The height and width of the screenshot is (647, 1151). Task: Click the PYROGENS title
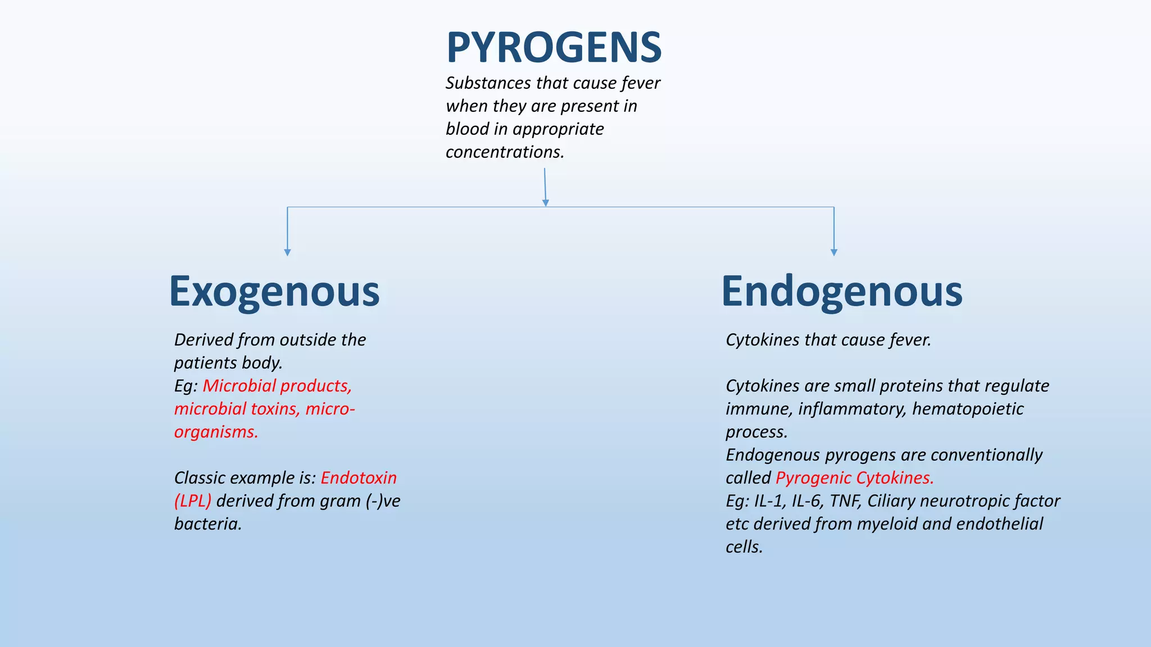click(554, 47)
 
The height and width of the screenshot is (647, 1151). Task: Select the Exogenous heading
click(274, 291)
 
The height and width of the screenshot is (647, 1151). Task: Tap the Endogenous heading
click(841, 291)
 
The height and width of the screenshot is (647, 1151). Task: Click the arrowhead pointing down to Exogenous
click(288, 252)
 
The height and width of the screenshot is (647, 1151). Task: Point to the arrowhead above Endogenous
click(833, 252)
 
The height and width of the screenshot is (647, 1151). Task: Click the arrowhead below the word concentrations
click(545, 203)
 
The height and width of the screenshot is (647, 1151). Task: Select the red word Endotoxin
click(359, 478)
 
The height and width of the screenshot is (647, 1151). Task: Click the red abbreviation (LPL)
click(193, 501)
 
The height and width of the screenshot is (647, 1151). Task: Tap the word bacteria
click(207, 524)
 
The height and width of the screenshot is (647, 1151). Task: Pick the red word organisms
click(216, 432)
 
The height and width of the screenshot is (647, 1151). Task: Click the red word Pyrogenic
click(813, 478)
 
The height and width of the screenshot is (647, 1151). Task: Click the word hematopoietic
click(968, 409)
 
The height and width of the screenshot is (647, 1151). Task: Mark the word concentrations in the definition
click(505, 152)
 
